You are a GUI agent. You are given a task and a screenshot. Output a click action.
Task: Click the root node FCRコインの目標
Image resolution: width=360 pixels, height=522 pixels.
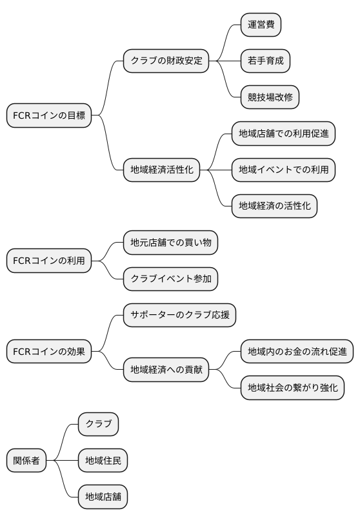tap(49, 116)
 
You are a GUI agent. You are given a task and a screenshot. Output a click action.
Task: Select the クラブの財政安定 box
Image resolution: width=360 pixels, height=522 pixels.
tap(166, 61)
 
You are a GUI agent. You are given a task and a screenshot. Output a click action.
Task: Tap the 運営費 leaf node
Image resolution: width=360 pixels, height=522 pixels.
tap(261, 25)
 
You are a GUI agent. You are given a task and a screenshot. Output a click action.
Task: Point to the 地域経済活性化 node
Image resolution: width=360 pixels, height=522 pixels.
tap(161, 170)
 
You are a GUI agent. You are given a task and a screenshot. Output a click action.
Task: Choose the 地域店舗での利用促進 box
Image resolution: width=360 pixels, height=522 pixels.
tap(283, 134)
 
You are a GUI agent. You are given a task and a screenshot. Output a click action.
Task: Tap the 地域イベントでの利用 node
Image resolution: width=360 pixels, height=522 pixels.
tap(283, 170)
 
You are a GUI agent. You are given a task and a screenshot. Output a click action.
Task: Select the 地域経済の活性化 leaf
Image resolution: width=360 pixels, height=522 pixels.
tap(274, 206)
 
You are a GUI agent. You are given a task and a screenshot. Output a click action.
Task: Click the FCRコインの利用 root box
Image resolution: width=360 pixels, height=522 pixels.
tap(49, 261)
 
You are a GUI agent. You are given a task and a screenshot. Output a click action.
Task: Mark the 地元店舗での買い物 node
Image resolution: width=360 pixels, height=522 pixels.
tap(170, 243)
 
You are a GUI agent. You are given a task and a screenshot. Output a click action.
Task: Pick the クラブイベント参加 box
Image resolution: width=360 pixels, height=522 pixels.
tap(170, 279)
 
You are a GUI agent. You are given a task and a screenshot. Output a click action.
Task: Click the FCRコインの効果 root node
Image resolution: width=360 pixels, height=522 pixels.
tap(49, 352)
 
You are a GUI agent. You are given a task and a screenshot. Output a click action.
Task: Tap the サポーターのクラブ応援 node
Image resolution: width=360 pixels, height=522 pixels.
tap(179, 316)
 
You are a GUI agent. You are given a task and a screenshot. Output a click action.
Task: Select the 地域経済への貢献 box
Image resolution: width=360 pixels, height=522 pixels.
tap(166, 370)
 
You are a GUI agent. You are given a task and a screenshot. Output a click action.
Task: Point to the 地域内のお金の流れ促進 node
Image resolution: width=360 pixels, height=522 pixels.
tap(297, 352)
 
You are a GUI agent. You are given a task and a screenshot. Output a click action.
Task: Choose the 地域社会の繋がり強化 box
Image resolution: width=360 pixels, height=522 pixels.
tap(292, 388)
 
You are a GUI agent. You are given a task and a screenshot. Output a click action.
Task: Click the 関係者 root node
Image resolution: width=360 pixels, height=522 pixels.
tap(26, 461)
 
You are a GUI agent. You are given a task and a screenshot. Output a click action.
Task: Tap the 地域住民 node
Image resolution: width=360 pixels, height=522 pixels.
tap(103, 461)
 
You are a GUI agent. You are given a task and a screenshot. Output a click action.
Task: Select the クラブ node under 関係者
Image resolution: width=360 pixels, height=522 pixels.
tap(98, 425)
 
